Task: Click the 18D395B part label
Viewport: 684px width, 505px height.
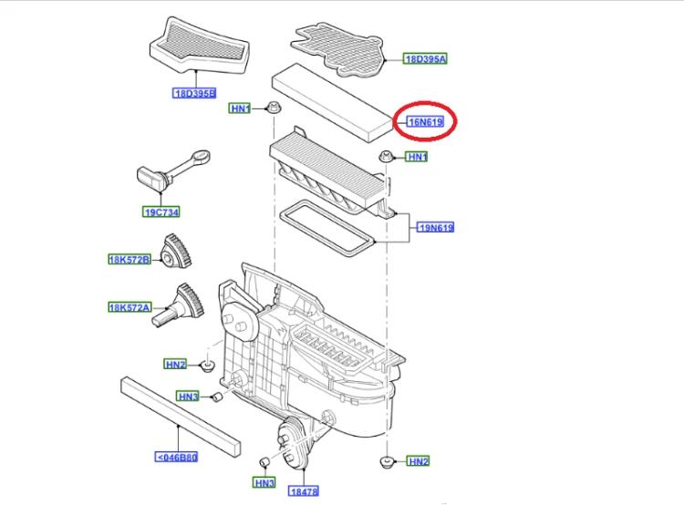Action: (x=194, y=93)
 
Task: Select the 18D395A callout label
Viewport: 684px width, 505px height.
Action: (x=425, y=59)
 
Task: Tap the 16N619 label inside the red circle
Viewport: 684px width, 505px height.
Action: (x=425, y=121)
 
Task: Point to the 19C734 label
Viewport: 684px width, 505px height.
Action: (x=161, y=212)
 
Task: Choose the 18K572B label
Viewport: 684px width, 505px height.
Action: (x=130, y=260)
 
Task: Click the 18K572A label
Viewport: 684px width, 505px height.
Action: (x=130, y=307)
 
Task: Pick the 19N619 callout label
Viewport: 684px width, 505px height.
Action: (x=435, y=227)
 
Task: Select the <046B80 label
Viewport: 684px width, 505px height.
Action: (x=177, y=457)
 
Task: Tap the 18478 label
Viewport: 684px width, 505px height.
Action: (x=304, y=491)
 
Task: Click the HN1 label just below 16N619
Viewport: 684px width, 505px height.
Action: (x=417, y=157)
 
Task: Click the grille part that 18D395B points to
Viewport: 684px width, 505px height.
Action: (x=200, y=46)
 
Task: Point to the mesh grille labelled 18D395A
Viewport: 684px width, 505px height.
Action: (x=338, y=49)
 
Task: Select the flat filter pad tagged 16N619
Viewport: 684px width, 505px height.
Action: (x=332, y=103)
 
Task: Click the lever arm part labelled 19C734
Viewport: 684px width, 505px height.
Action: (x=173, y=170)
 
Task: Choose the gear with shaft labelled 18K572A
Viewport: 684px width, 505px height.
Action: (x=179, y=304)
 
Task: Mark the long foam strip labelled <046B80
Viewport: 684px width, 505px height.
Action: (x=181, y=417)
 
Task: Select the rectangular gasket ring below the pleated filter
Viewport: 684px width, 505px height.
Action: (x=327, y=228)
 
